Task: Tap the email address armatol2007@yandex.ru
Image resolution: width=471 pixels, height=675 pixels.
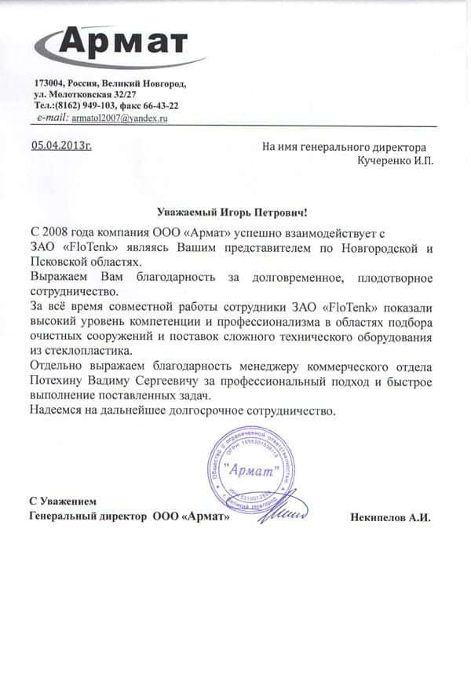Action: [119, 117]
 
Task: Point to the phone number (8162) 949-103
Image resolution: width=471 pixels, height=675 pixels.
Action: [103, 105]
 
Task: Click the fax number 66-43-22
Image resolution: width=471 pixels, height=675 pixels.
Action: [162, 105]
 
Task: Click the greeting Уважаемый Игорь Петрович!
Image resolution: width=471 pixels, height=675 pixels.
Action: [232, 212]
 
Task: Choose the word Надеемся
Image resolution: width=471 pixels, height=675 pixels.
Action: [55, 410]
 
